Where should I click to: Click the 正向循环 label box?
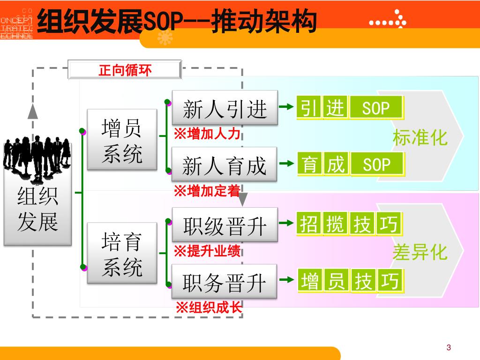(x=125, y=70)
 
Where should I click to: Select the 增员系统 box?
(x=122, y=140)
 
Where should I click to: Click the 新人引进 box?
(x=225, y=108)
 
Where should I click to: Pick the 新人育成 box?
(x=225, y=165)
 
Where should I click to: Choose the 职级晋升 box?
(x=225, y=225)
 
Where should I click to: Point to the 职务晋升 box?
(x=225, y=282)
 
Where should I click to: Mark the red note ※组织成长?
(x=209, y=308)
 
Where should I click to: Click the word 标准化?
(x=420, y=138)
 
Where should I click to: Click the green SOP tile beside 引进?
(x=376, y=108)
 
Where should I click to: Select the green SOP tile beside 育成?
(x=377, y=165)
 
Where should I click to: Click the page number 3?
(x=449, y=347)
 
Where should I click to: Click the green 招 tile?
(x=309, y=225)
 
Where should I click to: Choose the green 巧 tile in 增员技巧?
(x=390, y=281)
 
